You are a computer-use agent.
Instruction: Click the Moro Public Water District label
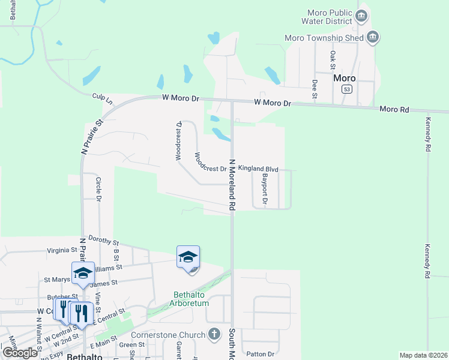point(328,17)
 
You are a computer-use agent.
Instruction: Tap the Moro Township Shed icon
point(373,38)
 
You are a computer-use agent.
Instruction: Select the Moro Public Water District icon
point(361,16)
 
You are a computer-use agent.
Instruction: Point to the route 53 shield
point(347,89)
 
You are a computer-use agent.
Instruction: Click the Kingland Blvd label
point(258,169)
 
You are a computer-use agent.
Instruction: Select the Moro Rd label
point(394,109)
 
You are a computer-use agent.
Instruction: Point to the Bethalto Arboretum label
point(191,299)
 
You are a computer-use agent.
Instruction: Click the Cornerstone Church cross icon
point(215,335)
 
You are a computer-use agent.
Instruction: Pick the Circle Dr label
point(98,188)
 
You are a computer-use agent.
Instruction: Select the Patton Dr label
point(262,354)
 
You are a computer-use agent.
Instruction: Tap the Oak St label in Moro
point(333,60)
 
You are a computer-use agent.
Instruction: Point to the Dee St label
point(314,88)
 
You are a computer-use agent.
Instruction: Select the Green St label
point(131,344)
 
